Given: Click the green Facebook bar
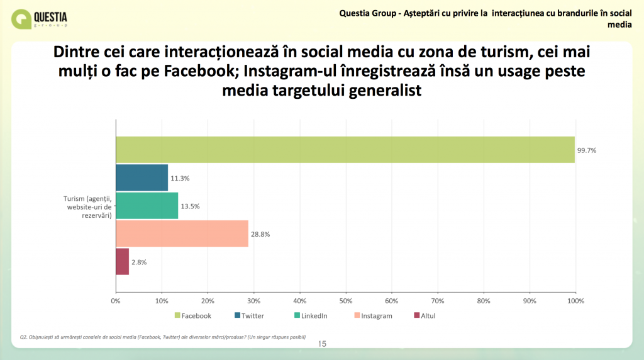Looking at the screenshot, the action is coord(345,150).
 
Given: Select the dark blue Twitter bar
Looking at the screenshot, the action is coord(142,177).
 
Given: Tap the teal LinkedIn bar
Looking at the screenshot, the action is coord(147,205).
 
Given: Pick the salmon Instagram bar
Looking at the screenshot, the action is coord(182,233).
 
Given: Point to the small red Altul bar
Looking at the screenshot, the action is coord(123,261).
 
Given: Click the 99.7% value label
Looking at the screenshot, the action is coord(587,150).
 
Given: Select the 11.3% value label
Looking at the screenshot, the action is coord(180,178).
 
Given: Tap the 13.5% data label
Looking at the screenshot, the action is coord(190,206).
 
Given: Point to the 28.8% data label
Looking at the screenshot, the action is coord(260,234).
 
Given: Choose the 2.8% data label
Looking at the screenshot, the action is coord(139,262).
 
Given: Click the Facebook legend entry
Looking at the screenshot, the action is coord(192,315).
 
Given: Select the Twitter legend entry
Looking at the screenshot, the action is coord(249,315).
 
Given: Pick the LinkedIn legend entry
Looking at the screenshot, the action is coord(311,315).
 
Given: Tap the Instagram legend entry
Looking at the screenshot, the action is coord(374,315).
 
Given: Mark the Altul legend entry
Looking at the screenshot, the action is coord(425,315).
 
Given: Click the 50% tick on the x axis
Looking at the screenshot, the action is coord(346,301).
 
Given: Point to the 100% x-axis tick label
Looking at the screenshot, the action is coord(575,301).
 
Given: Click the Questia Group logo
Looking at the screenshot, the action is coord(39,19).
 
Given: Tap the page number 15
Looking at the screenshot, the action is coord(322,344).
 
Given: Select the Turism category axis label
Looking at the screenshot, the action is coord(87,206).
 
